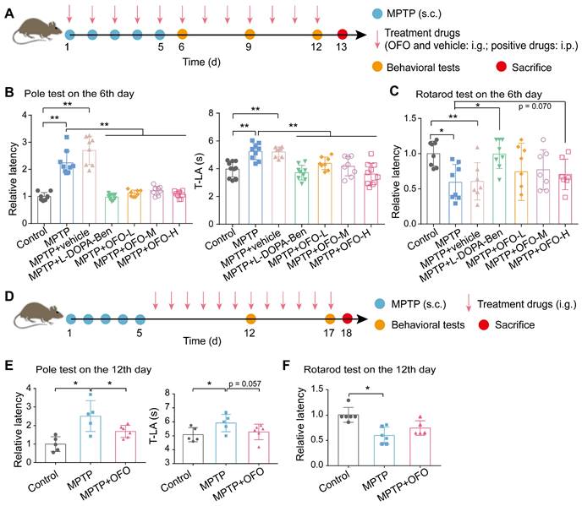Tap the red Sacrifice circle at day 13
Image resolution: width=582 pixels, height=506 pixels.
pyautogui.click(x=342, y=35)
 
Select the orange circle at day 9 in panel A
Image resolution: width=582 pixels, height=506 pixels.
pyautogui.click(x=249, y=35)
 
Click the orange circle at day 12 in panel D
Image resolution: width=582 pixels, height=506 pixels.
pyautogui.click(x=250, y=319)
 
